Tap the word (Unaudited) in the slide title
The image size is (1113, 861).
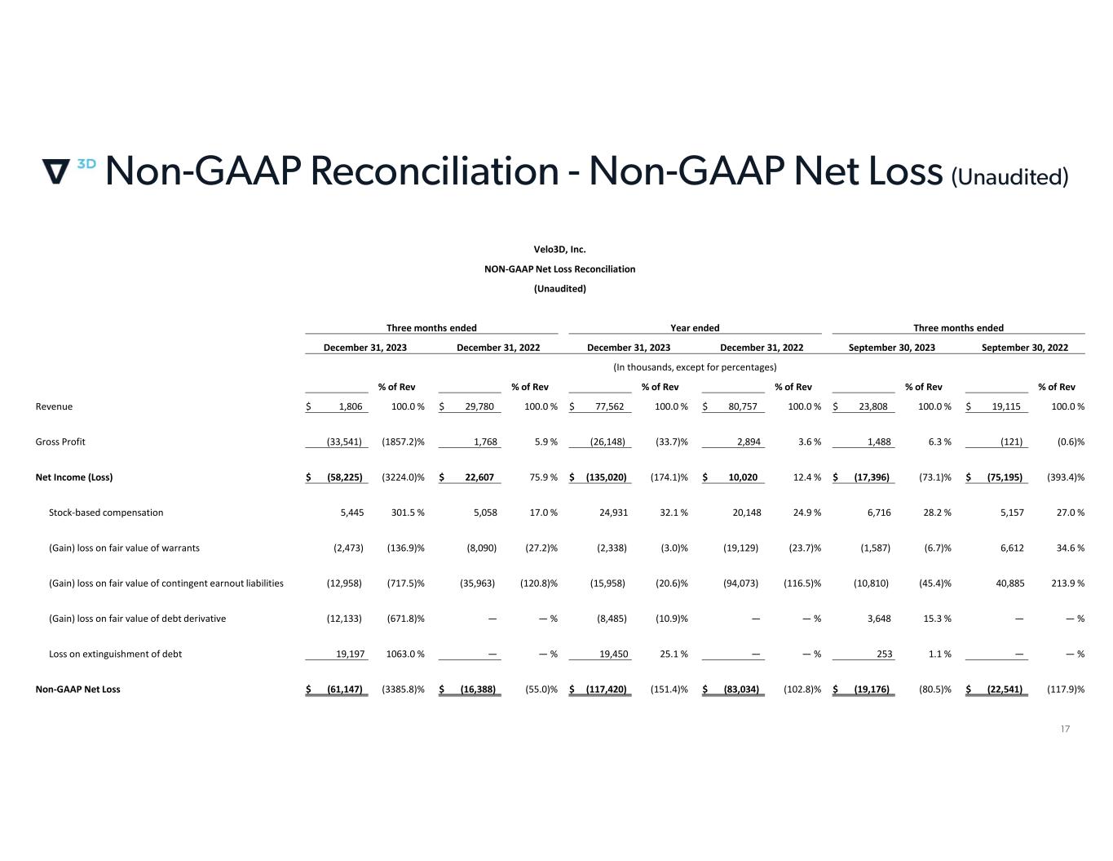tap(1009, 175)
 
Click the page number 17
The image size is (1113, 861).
tap(1065, 729)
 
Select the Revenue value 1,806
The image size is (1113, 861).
tap(350, 406)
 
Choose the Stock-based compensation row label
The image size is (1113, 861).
tap(106, 513)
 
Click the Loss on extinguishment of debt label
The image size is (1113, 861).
tap(115, 654)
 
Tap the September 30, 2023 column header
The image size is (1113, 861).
tap(891, 347)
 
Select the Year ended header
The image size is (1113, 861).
tap(695, 328)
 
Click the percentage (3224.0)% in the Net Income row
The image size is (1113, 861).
tap(403, 477)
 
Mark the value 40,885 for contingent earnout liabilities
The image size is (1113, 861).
tap(1007, 584)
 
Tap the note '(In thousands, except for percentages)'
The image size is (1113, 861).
tap(695, 367)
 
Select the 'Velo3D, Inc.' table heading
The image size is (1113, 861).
tap(559, 250)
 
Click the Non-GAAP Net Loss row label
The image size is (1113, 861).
tap(77, 690)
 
